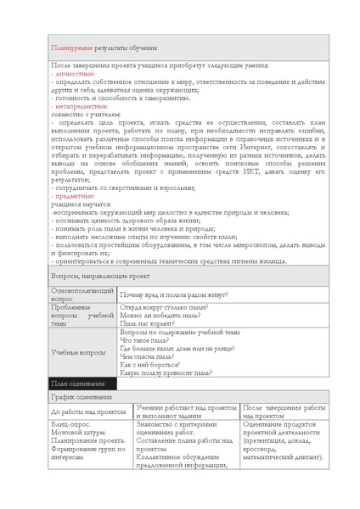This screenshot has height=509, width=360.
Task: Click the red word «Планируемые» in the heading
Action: click(x=72, y=48)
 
